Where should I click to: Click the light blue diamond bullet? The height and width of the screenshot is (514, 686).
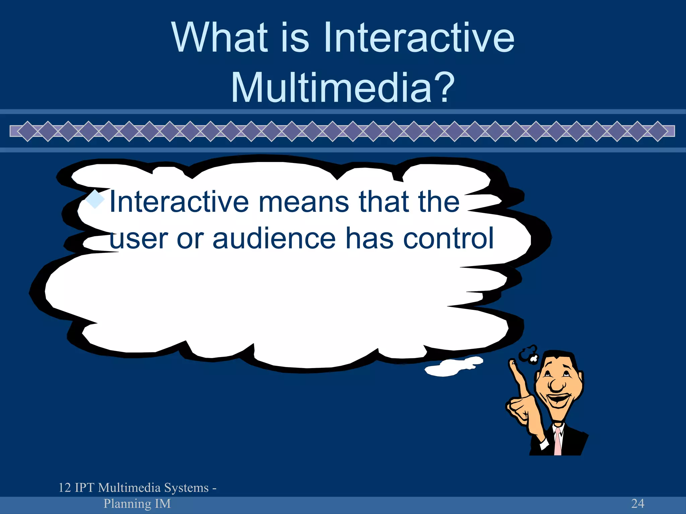pyautogui.click(x=95, y=199)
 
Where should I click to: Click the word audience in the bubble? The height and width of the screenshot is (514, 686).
pyautogui.click(x=274, y=238)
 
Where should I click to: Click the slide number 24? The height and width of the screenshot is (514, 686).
pyautogui.click(x=637, y=503)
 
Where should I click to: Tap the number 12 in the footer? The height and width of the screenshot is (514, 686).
pyautogui.click(x=65, y=488)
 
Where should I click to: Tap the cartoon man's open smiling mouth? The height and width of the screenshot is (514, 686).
pyautogui.click(x=559, y=399)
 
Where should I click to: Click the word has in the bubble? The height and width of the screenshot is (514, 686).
pyautogui.click(x=369, y=238)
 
